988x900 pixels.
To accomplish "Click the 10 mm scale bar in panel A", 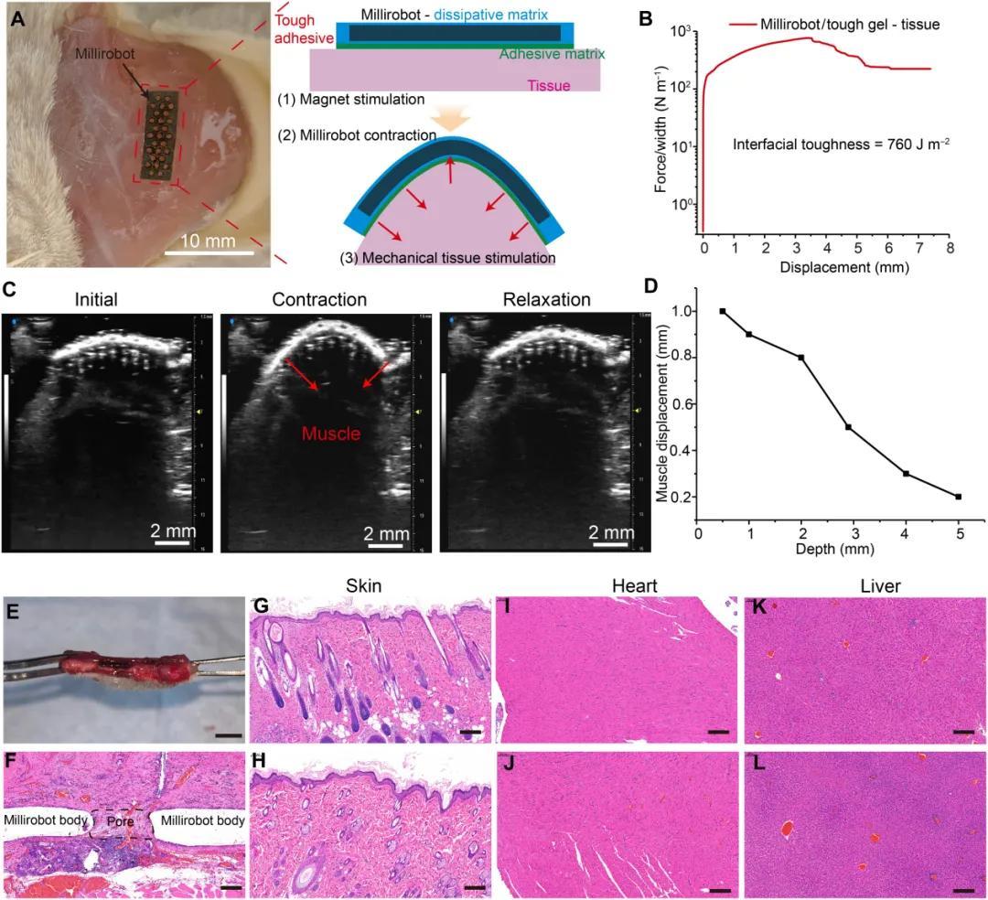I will (209, 251).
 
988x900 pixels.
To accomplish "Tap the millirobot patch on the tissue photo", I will (161, 135).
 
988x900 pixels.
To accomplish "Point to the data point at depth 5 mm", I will (958, 497).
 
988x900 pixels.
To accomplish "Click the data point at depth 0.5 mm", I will (723, 311).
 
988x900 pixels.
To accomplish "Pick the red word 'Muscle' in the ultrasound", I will (332, 434).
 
